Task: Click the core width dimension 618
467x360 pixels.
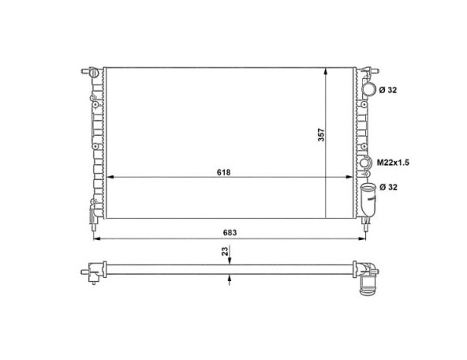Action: click(x=223, y=172)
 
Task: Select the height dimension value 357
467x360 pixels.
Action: click(x=321, y=135)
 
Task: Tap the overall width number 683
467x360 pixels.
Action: click(x=230, y=232)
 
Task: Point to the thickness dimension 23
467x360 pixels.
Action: click(x=226, y=250)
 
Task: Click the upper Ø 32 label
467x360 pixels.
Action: click(x=388, y=90)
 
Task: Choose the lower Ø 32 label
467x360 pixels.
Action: click(x=388, y=187)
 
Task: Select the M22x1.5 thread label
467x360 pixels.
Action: click(x=393, y=163)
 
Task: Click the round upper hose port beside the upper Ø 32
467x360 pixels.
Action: click(x=369, y=89)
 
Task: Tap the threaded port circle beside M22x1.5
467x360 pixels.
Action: click(x=364, y=163)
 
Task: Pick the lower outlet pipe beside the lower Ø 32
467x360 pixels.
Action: click(x=368, y=199)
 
